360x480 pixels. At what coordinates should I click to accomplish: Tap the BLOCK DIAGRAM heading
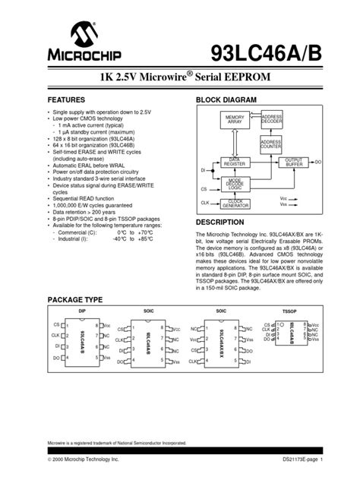click(227, 100)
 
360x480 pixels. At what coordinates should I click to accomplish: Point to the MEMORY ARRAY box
click(234, 120)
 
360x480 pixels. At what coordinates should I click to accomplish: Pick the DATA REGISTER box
click(234, 162)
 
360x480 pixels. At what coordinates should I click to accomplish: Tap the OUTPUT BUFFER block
click(294, 162)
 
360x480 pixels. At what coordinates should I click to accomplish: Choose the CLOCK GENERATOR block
click(234, 204)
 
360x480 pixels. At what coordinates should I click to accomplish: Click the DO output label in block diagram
click(318, 162)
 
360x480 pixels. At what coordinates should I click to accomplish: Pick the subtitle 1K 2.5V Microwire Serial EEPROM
click(179, 79)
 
